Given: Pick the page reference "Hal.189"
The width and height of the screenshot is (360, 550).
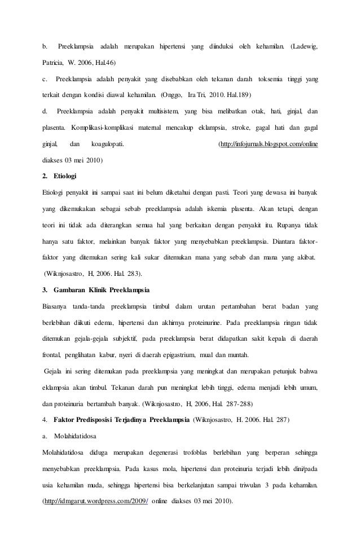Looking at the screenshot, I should click(237, 94).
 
